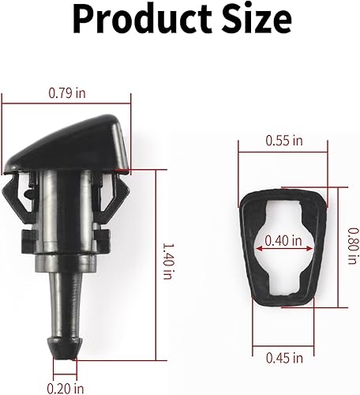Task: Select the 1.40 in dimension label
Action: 167,262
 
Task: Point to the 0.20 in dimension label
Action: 65,387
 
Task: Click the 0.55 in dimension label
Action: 283,141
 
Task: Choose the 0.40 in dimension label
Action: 283,240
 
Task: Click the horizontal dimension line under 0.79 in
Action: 67,104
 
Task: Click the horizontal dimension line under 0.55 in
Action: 283,153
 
